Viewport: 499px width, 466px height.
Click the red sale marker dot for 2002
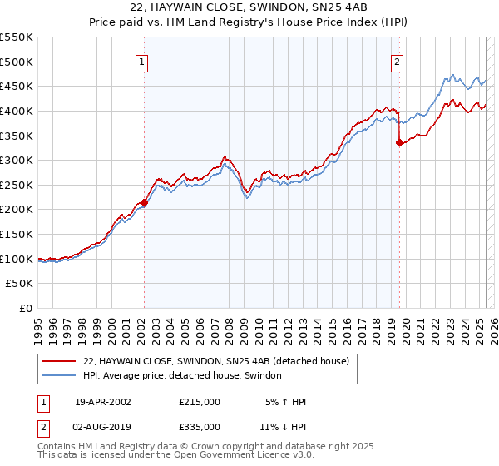[144, 201]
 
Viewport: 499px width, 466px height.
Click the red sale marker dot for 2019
[399, 142]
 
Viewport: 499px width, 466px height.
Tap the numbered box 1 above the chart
[142, 61]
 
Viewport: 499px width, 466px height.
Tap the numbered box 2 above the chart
[398, 61]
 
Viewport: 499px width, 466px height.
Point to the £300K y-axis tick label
[16, 160]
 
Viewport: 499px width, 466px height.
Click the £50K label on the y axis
[19, 284]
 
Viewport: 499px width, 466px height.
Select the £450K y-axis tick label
[16, 86]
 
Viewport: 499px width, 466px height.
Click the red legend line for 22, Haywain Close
[58, 361]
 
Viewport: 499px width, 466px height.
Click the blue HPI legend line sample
[58, 376]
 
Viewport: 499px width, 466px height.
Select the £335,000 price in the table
[200, 427]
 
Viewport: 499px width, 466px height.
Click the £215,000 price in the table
[200, 402]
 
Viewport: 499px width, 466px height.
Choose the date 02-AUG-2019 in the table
[103, 427]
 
